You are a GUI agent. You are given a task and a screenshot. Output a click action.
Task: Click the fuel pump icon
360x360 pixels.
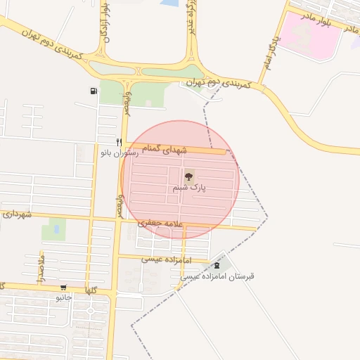[x=94, y=91]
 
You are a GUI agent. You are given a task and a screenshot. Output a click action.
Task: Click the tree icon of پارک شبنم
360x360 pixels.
[x=188, y=176]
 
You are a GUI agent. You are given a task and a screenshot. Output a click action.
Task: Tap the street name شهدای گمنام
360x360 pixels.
[x=165, y=150]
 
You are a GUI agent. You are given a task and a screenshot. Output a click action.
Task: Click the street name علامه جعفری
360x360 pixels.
[x=161, y=223]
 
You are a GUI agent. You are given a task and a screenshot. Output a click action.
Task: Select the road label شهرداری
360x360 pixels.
[x=16, y=214]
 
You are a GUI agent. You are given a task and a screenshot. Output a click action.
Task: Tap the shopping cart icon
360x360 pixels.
[x=64, y=287]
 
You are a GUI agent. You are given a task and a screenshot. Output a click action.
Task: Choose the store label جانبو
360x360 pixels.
[x=64, y=297]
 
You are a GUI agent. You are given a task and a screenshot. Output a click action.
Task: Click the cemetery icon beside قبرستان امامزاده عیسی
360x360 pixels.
[x=217, y=265]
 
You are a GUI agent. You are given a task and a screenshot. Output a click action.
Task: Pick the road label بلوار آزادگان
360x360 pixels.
[x=105, y=21]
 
